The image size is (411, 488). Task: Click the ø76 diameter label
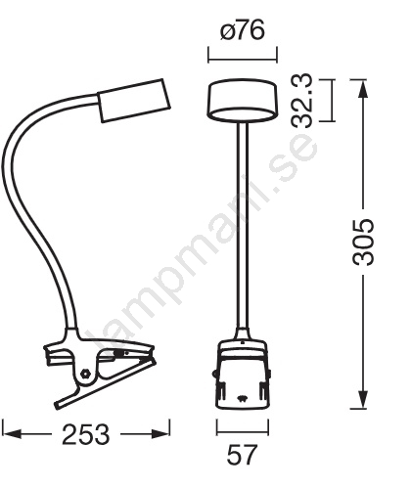pos(243,31)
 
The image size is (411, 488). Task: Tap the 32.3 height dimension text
pos(302,101)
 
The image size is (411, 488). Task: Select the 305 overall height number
pos(363,242)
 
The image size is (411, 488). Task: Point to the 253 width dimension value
pos(86,434)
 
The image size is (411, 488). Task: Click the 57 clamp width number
pos(243,455)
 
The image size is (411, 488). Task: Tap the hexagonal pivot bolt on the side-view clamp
pos(86,373)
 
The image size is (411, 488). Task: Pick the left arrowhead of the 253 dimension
pos(12,434)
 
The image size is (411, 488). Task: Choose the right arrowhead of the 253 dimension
pos(160,434)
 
